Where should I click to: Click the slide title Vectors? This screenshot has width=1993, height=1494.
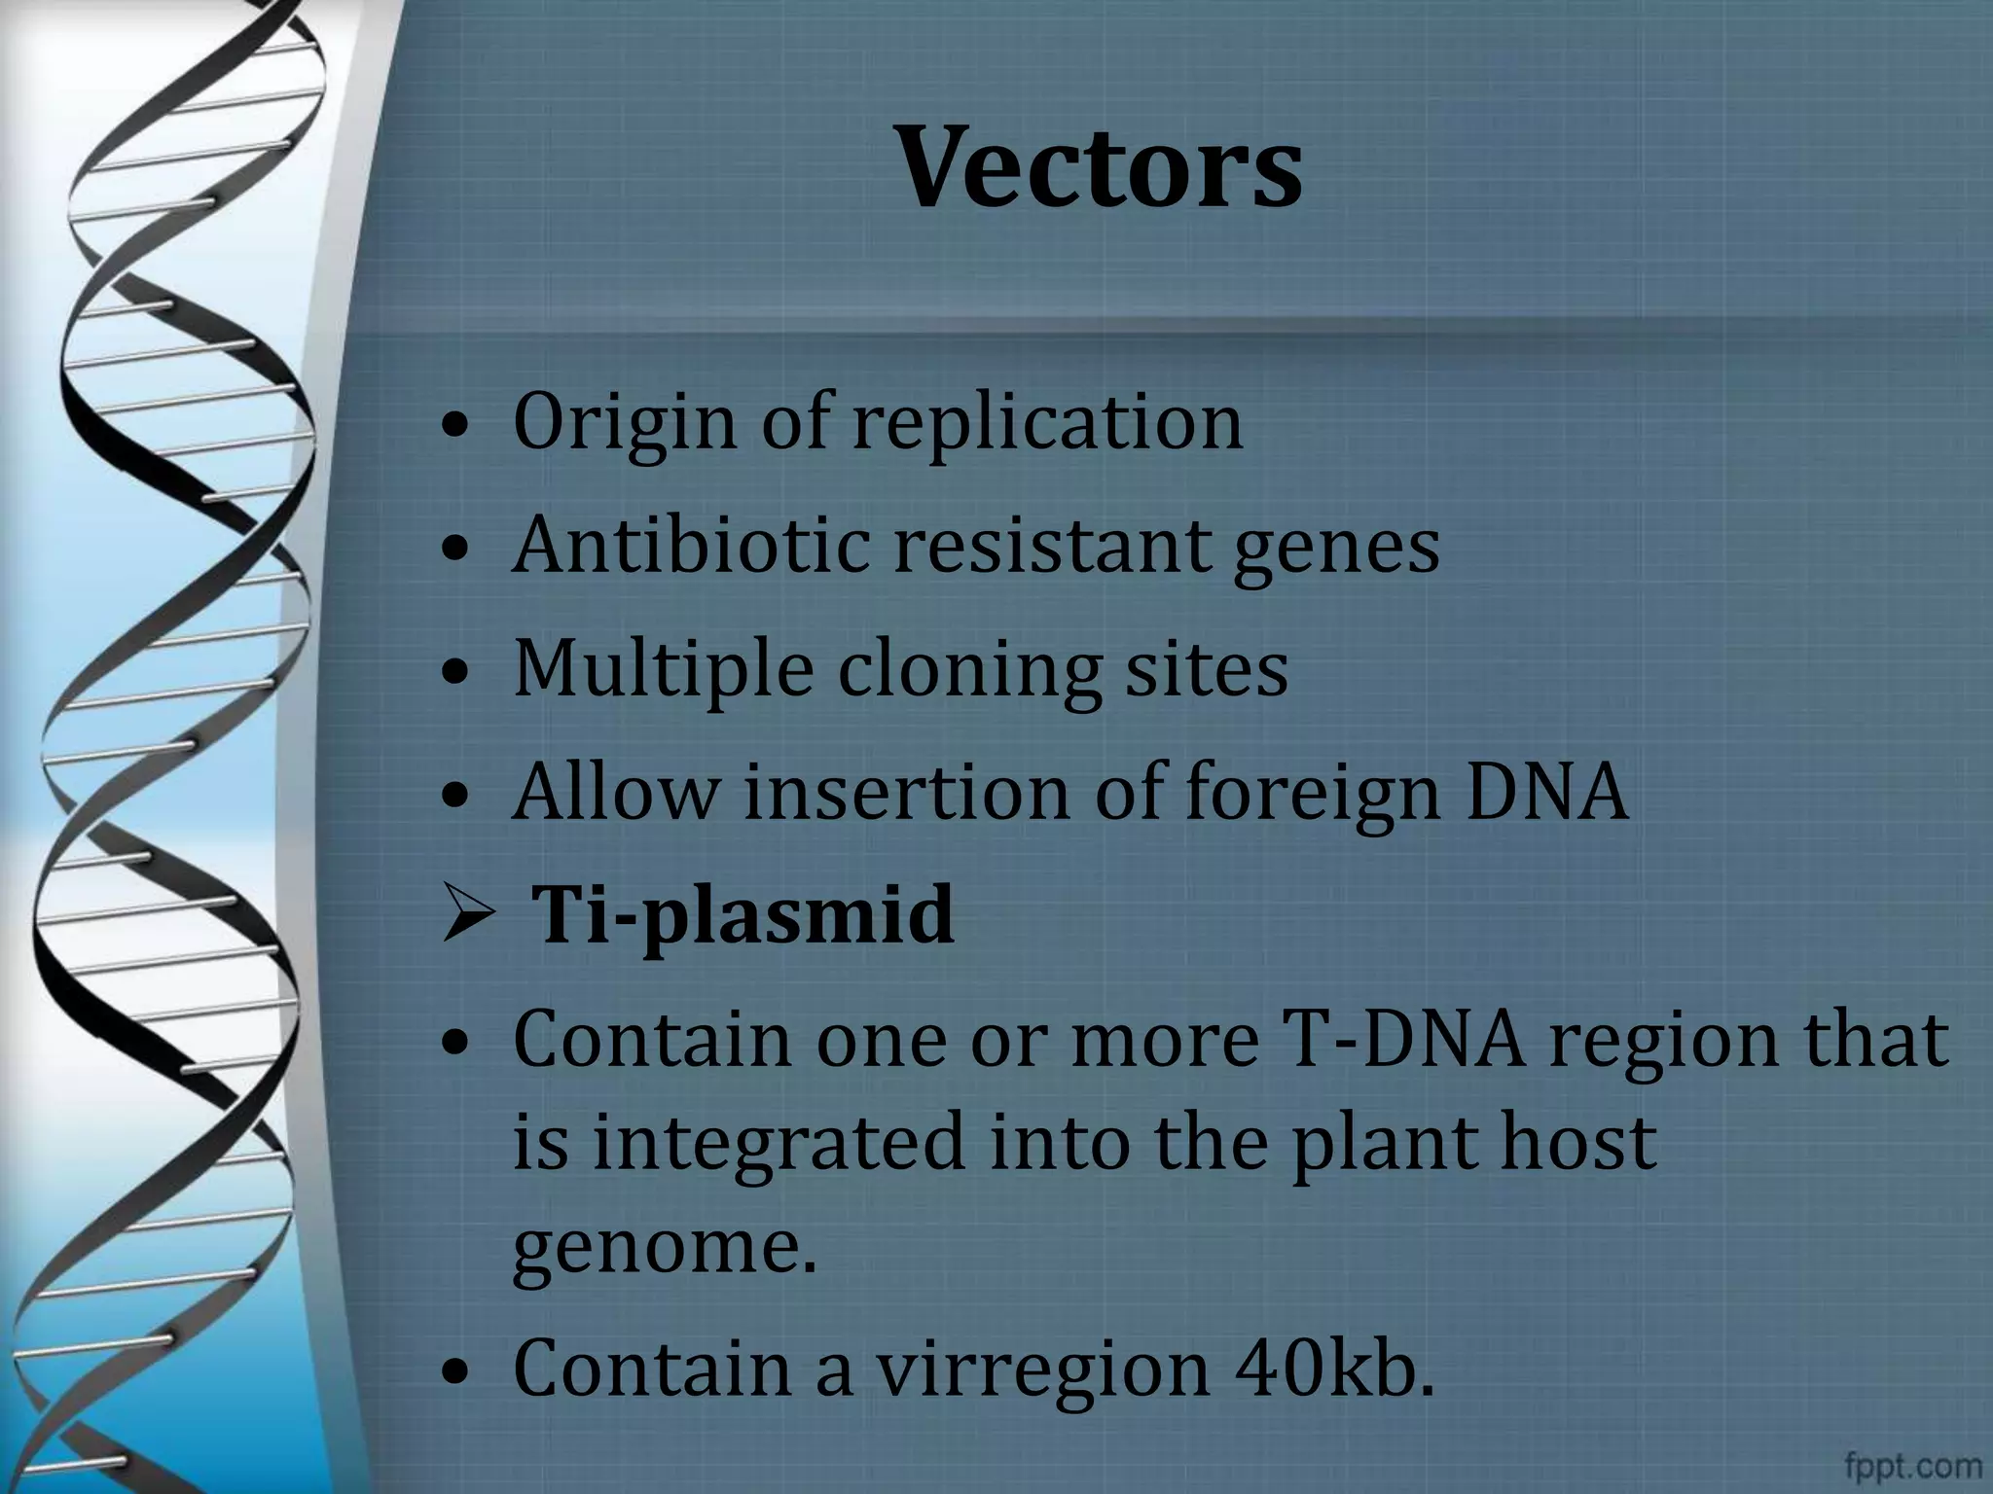coord(1100,167)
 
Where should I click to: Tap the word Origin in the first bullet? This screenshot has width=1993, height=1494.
coord(624,422)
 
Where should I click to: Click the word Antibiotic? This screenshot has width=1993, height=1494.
coord(691,545)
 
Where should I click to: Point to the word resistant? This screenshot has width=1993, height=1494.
coord(1051,545)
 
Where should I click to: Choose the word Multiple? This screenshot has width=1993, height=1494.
coord(663,669)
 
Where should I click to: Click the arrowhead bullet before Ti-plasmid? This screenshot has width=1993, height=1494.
coord(469,915)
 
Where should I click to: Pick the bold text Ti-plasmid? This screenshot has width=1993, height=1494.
coord(744,915)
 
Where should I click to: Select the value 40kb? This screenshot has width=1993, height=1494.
coord(1333,1368)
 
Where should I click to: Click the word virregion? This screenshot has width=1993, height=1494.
coord(1041,1368)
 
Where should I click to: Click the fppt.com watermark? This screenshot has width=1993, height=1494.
coord(1912,1465)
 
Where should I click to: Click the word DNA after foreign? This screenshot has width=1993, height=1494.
coord(1545,792)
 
